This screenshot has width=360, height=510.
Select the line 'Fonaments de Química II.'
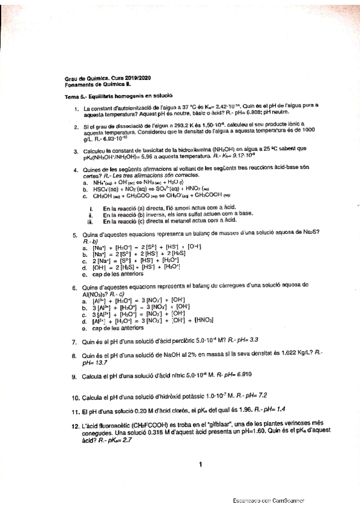(x=98, y=85)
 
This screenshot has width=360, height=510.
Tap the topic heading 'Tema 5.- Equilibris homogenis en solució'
(x=118, y=96)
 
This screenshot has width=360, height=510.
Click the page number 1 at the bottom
(x=200, y=464)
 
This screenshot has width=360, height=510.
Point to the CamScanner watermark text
(x=269, y=500)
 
